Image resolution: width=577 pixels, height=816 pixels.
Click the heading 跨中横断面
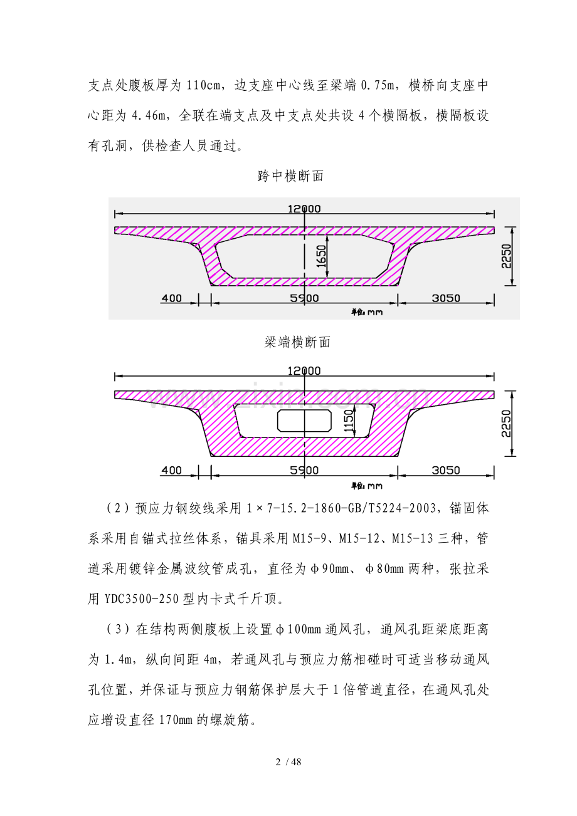point(290,176)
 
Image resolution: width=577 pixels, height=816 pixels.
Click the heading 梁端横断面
point(297,342)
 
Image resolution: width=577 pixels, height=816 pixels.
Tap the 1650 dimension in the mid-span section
point(321,256)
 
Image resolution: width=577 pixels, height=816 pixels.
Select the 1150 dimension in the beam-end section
point(349,421)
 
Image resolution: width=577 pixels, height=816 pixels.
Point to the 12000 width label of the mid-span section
point(304,209)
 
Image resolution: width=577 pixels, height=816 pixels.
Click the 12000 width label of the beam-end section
point(304,371)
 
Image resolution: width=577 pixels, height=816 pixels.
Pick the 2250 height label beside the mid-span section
point(506,256)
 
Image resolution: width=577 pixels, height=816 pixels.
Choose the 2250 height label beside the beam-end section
point(506,423)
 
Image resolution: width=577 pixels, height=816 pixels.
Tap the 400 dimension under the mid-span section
point(171,298)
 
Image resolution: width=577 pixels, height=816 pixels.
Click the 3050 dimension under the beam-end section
point(446,470)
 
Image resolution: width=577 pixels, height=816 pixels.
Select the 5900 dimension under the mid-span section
point(304,298)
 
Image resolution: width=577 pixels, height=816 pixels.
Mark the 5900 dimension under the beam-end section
point(304,470)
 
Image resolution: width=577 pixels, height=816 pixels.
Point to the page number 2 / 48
point(288,762)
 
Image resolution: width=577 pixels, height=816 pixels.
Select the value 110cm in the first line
point(204,86)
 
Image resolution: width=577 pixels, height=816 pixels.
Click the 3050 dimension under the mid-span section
point(446,298)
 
